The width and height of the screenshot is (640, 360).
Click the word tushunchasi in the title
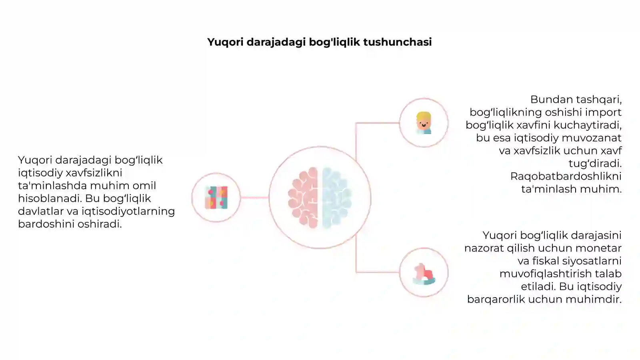[x=398, y=42]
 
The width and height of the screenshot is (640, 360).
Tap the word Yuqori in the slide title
[x=226, y=42]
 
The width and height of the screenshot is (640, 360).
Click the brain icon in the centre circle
[x=320, y=198]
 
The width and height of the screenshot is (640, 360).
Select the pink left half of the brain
[x=303, y=198]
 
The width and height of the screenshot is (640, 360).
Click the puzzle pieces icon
[x=216, y=198]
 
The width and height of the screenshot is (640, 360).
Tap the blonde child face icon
[x=424, y=123]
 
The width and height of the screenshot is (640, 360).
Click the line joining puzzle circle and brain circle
[x=254, y=198]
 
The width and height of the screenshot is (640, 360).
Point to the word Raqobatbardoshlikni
[x=566, y=176]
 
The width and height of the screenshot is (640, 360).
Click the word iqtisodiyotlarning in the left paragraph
[x=128, y=212]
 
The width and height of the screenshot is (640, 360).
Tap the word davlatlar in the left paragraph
[x=40, y=211]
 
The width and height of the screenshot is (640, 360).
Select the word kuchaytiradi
[x=588, y=126]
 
